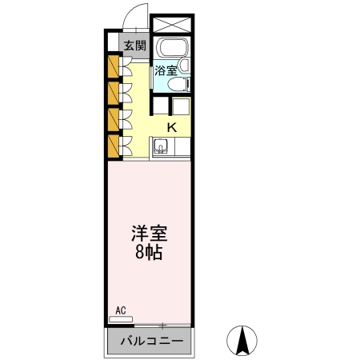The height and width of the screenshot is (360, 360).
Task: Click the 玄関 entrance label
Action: [x=134, y=45]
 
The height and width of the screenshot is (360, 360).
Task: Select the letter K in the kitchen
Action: [x=172, y=126]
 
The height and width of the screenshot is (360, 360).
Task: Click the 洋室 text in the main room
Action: [x=150, y=234]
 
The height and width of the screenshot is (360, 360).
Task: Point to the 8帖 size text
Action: [x=150, y=254]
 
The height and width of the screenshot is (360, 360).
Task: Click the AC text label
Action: [x=122, y=310]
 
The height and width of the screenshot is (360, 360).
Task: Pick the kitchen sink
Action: [x=160, y=147]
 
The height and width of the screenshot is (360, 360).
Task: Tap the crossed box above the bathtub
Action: [x=171, y=25]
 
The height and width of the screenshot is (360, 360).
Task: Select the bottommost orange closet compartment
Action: [x=112, y=147]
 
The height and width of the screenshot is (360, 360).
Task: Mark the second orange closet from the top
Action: [x=112, y=93]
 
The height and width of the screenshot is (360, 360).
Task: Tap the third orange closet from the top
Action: [x=112, y=120]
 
